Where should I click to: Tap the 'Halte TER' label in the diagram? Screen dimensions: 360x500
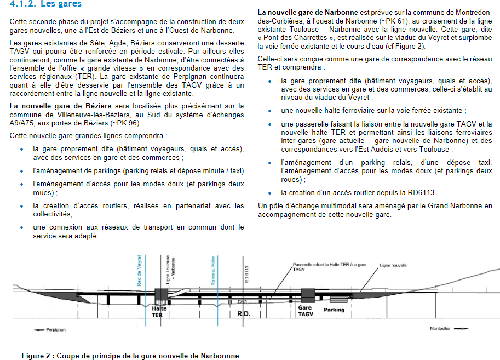tap(158, 312)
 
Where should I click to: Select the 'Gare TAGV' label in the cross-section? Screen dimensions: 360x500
tap(305, 311)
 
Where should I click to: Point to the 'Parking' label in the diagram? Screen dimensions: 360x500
tap(334, 310)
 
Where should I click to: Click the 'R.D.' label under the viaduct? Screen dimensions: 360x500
tap(243, 315)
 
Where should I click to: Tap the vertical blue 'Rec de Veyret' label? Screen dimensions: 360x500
tap(140, 270)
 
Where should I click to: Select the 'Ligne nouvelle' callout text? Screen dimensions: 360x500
tap(393, 265)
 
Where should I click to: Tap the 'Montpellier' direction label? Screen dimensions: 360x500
tap(442, 329)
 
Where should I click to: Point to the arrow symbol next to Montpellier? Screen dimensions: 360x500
tap(463, 329)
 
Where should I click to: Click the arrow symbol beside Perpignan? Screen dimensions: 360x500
tap(39, 330)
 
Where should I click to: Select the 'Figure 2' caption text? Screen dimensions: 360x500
tap(130, 356)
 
